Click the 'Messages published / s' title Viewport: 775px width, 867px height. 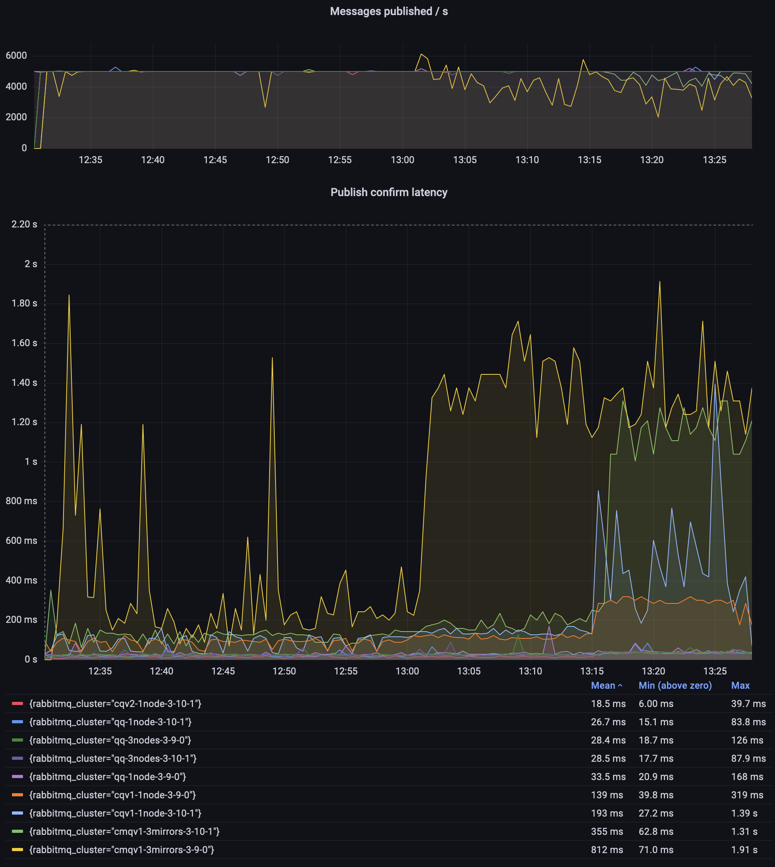coord(388,12)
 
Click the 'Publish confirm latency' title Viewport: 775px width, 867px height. coord(388,193)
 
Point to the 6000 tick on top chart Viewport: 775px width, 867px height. coord(16,56)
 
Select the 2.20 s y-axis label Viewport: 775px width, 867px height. coord(24,224)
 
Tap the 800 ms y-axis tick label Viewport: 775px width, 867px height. coord(21,501)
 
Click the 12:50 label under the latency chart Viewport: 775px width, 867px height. coord(284,671)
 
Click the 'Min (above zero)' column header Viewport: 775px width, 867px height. coord(675,686)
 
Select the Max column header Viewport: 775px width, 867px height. coord(740,686)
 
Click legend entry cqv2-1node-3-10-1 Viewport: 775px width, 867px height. coord(115,704)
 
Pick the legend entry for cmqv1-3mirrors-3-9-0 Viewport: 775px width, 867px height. coord(121,850)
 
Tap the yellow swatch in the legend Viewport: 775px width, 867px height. coord(17,850)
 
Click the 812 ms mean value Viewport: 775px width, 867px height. coord(607,850)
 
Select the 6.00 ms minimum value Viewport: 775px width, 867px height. coord(656,704)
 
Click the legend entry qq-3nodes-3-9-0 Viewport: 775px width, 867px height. coord(110,740)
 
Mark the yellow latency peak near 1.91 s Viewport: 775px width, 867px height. coord(659,282)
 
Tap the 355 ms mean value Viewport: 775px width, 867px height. coord(607,832)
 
